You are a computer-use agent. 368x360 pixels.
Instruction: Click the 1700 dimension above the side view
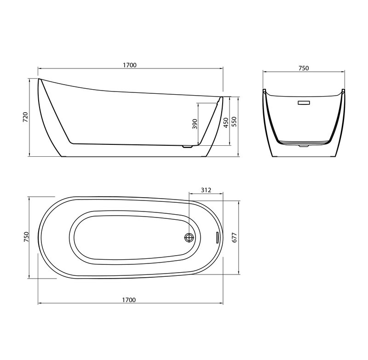pos(130,65)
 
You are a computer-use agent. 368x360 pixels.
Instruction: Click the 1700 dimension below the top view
pos(129,300)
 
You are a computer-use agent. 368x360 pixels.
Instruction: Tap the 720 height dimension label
pos(25,117)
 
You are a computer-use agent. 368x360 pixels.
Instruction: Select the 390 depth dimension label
pos(195,124)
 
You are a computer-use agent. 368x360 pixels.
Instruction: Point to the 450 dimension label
pos(225,123)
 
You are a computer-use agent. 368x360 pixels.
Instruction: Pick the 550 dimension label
pos(235,122)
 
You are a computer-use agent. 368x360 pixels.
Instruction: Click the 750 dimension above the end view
pos(304,68)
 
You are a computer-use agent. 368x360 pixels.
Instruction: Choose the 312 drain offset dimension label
pos(206,190)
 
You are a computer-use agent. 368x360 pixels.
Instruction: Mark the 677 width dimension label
pos(235,237)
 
